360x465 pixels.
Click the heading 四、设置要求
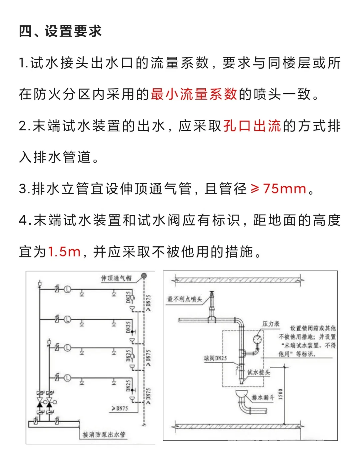(x=60, y=31)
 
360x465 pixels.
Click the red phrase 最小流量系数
(x=194, y=94)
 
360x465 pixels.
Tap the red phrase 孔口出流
(x=252, y=126)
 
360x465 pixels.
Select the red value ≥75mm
(x=278, y=189)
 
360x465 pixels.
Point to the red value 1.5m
(x=64, y=252)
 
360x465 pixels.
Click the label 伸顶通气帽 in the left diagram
(x=116, y=278)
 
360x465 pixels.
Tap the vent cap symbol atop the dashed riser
(x=144, y=276)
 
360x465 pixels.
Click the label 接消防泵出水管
(x=104, y=434)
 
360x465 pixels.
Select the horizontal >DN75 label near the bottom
(x=120, y=408)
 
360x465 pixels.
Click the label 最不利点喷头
(x=185, y=299)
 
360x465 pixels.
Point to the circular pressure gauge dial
(x=257, y=339)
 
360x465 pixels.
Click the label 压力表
(x=271, y=324)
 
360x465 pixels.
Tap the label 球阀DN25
(x=215, y=358)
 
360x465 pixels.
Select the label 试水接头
(x=258, y=372)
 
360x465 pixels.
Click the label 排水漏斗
(x=263, y=397)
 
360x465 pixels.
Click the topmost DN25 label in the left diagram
(x=128, y=297)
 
